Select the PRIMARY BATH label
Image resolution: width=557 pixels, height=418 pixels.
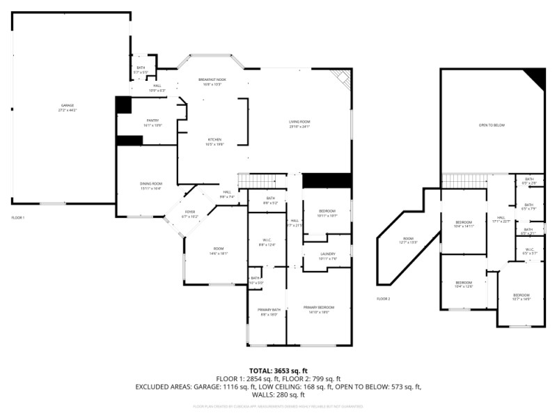coord(268,311)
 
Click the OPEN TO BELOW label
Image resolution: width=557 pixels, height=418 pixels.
coord(492,125)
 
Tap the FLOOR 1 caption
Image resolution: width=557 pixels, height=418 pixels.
coord(17,218)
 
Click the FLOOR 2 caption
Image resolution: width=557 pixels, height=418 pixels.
coord(384,299)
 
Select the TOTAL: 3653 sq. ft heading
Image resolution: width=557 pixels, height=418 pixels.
coord(278,371)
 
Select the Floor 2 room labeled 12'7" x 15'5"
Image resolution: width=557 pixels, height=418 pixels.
coord(408,241)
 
